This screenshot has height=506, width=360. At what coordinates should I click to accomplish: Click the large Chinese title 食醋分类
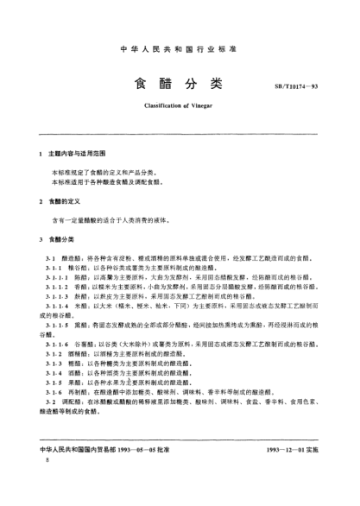tap(180, 84)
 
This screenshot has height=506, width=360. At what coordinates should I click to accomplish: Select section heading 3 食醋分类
tap(69, 237)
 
